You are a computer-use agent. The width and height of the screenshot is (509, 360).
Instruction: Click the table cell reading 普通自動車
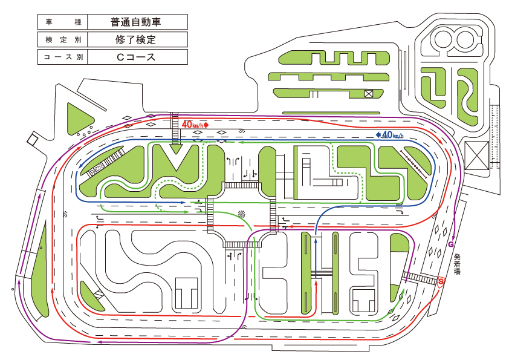pos(138,22)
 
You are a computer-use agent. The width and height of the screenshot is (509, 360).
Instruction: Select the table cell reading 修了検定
pos(138,39)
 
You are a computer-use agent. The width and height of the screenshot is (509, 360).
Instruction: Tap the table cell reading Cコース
pos(138,57)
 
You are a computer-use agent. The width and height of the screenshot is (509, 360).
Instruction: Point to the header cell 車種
pos(63,22)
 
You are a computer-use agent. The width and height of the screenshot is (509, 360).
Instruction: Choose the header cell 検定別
pos(63,39)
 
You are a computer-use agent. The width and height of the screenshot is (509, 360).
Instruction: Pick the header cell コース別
pos(63,57)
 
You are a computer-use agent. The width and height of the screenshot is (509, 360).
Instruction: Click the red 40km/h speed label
pos(195,125)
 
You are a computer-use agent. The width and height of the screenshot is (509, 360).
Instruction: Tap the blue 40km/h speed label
pos(389,134)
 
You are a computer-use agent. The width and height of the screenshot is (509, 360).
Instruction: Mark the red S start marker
pos(441,281)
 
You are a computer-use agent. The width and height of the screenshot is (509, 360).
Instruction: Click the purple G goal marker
pos(450,244)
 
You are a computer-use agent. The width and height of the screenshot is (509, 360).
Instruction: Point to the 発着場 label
pos(457,264)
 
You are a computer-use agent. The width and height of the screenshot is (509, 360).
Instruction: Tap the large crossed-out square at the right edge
pos(476,155)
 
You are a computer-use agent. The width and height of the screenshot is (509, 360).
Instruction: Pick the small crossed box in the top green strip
pos(368,94)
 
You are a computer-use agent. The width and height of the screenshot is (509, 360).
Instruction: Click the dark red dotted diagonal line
pos(413,164)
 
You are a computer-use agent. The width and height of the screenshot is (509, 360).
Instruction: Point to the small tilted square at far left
pos(32,139)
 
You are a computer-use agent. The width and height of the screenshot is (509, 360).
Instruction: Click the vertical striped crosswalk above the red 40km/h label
pos(175,129)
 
